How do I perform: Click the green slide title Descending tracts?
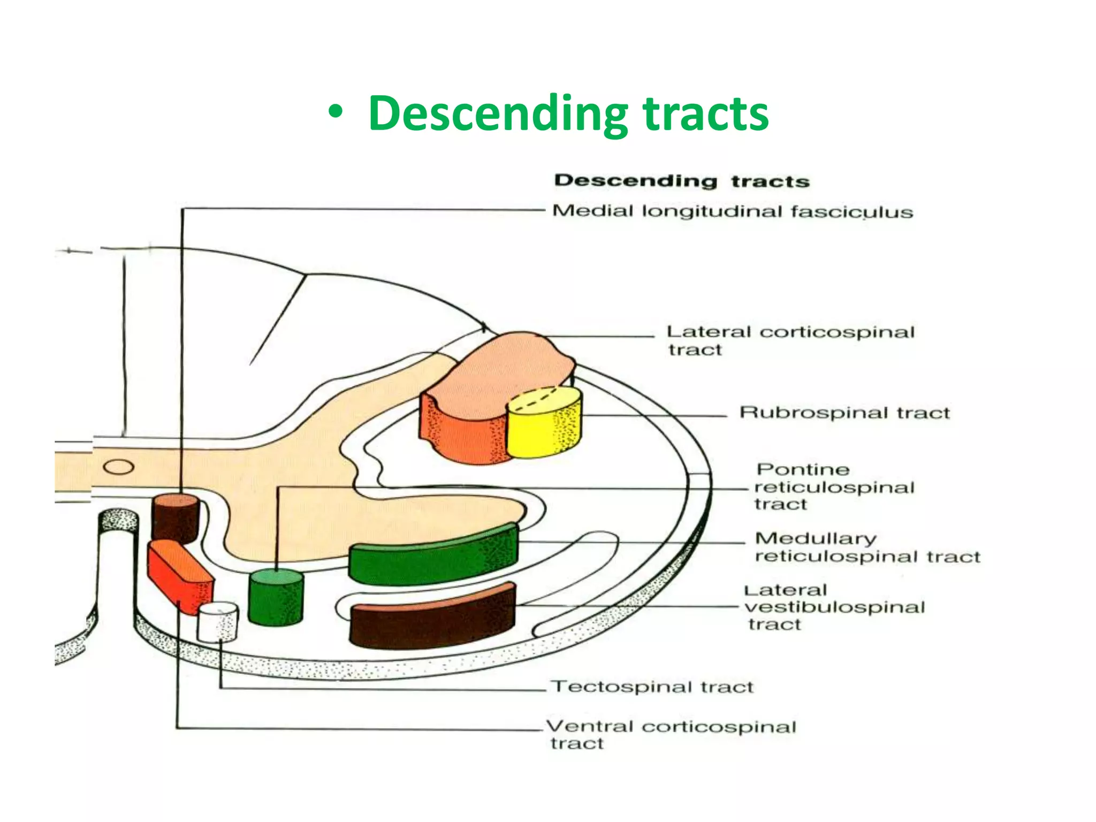[568, 113]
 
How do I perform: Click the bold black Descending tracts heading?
[681, 181]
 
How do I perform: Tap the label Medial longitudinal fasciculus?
[732, 211]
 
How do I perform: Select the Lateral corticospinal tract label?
[790, 340]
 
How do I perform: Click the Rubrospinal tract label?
[844, 413]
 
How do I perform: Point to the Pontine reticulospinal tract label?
[834, 486]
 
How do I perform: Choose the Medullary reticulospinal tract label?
[867, 547]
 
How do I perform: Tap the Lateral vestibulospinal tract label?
[834, 607]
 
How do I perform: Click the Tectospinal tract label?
[652, 687]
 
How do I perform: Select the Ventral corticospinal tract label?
[671, 734]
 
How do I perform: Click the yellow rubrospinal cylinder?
[544, 425]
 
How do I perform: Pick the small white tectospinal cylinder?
[218, 622]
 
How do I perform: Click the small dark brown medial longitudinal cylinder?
[176, 518]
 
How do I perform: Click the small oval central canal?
[118, 467]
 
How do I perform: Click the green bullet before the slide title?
[336, 114]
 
